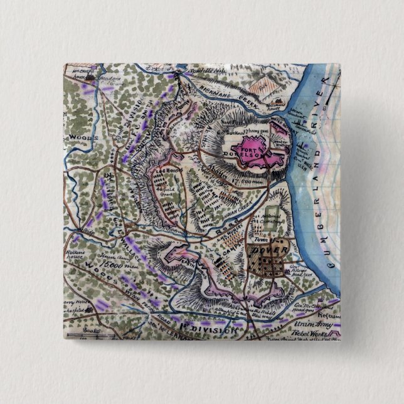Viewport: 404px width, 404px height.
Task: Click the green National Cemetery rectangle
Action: (272, 213)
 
